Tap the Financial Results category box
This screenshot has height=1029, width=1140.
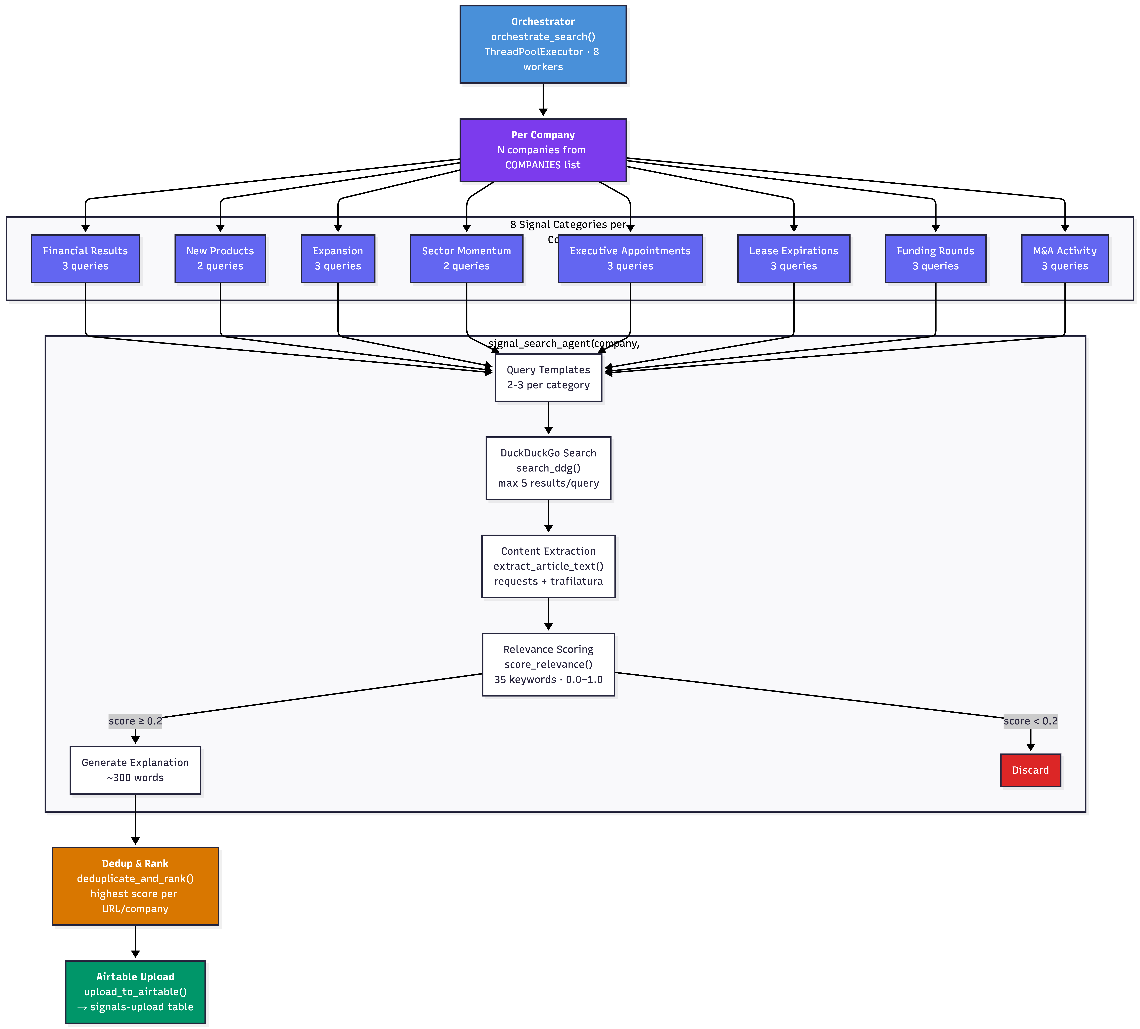click(85, 258)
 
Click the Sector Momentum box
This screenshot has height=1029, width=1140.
click(466, 258)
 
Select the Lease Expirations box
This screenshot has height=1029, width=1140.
click(794, 258)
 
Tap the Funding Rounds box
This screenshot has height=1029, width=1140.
click(935, 258)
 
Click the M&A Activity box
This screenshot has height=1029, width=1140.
click(1065, 258)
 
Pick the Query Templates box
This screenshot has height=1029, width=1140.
click(548, 377)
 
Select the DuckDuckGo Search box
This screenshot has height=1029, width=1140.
click(548, 468)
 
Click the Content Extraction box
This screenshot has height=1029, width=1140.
click(548, 566)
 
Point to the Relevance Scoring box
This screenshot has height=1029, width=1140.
click(548, 664)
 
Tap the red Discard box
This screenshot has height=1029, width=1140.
click(1030, 770)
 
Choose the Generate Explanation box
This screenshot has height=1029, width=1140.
click(135, 770)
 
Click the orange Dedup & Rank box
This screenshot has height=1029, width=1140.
click(135, 886)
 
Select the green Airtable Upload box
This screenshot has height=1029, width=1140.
click(135, 992)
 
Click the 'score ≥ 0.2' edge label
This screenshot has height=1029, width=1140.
click(135, 721)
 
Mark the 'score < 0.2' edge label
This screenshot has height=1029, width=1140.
click(1030, 721)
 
